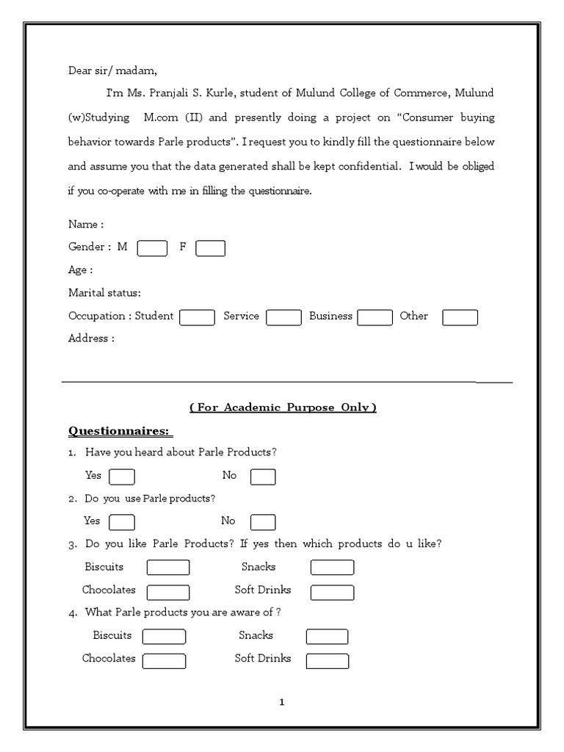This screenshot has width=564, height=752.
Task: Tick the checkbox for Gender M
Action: pos(153,248)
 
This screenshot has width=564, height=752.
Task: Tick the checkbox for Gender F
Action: pos(210,248)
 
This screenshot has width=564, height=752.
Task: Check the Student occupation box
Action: pos(197,317)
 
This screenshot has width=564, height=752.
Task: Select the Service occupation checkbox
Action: pos(283,317)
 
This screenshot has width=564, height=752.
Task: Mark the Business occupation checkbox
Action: pos(375,317)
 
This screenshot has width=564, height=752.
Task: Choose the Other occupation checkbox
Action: pos(460,317)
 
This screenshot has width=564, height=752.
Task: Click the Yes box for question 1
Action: pos(122,477)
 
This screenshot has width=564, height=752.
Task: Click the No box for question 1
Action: pos(263,477)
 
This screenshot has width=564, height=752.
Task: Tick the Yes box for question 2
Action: pos(122,522)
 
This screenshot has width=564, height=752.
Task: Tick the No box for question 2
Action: pos(263,522)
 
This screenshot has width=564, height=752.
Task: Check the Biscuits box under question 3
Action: pos(168,568)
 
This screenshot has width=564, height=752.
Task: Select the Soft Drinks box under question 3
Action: pos(332,592)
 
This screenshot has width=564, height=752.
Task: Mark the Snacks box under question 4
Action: pos(327,637)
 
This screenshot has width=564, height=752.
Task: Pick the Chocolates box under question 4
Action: pos(164,661)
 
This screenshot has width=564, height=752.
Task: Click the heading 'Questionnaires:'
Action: pos(120,430)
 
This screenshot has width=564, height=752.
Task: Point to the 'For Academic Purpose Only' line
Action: pos(283,408)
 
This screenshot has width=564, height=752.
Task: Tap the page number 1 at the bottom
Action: pos(282,702)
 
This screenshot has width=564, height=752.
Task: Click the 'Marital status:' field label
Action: pos(104,293)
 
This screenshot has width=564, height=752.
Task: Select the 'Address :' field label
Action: pos(91,339)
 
